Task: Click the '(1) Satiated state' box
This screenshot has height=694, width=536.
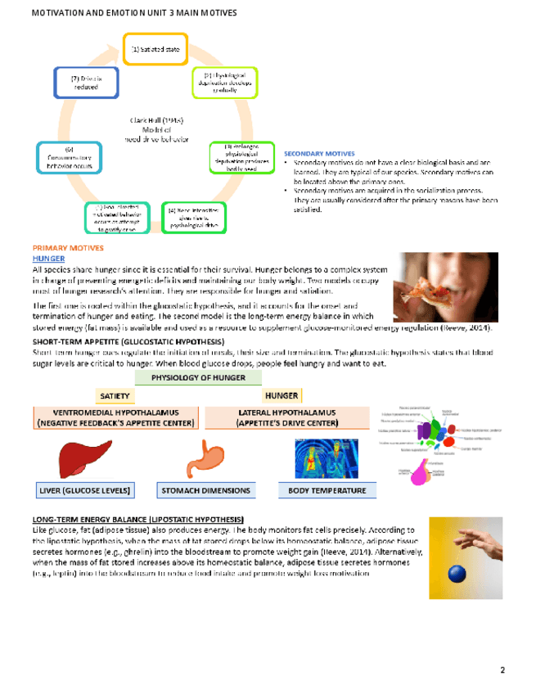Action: pyautogui.click(x=155, y=49)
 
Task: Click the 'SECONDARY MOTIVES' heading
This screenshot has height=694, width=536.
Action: pyautogui.click(x=319, y=153)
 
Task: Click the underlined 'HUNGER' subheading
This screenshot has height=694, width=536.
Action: pyautogui.click(x=48, y=258)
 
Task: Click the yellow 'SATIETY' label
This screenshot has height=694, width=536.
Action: pyautogui.click(x=115, y=396)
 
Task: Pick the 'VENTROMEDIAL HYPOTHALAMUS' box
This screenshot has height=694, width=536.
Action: pyautogui.click(x=115, y=418)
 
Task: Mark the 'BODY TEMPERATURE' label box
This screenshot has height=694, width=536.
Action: pyautogui.click(x=322, y=490)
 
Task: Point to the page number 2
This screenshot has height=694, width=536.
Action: pyautogui.click(x=502, y=670)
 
